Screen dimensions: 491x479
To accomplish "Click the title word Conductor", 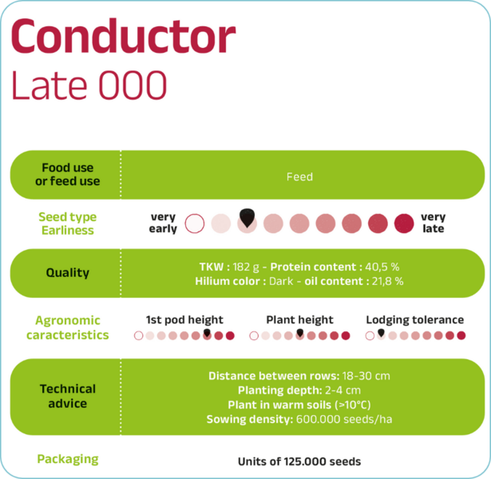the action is pos(123,37).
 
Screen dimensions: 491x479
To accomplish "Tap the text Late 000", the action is pos(89,85).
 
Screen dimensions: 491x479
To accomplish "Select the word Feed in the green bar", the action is pos(299,177).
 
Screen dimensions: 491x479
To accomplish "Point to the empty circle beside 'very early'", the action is pos(195,224).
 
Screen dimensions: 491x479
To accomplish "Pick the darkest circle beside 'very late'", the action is pos(404,224).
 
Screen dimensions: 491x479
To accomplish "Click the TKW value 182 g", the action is pos(246,267).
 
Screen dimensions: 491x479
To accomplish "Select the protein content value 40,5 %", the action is pos(382,267).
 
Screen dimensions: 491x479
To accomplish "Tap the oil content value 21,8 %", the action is pos(388,281).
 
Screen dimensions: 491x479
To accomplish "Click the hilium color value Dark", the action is pos(281,281).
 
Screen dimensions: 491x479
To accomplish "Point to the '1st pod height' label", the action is pos(184,319).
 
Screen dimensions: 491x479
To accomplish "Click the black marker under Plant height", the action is pos(300,332).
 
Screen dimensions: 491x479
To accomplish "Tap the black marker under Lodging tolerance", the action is pos(381,332).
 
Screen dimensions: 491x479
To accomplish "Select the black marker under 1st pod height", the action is pos(207,332).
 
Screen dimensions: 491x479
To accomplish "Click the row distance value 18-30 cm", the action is pos(366,376).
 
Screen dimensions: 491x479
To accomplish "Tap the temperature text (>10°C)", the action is pos(353,405).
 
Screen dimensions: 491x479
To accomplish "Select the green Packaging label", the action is pos(68,460).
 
